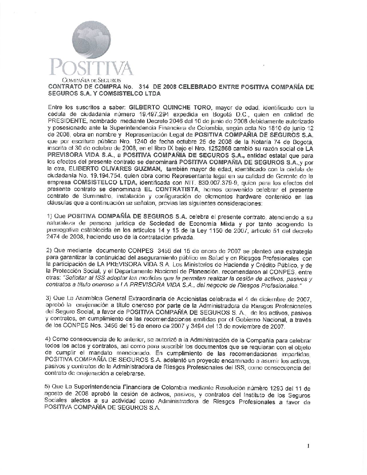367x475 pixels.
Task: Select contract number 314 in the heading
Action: [145, 87]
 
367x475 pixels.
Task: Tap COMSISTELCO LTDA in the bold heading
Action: [139, 94]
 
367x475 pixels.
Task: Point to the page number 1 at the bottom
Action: [309, 446]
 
